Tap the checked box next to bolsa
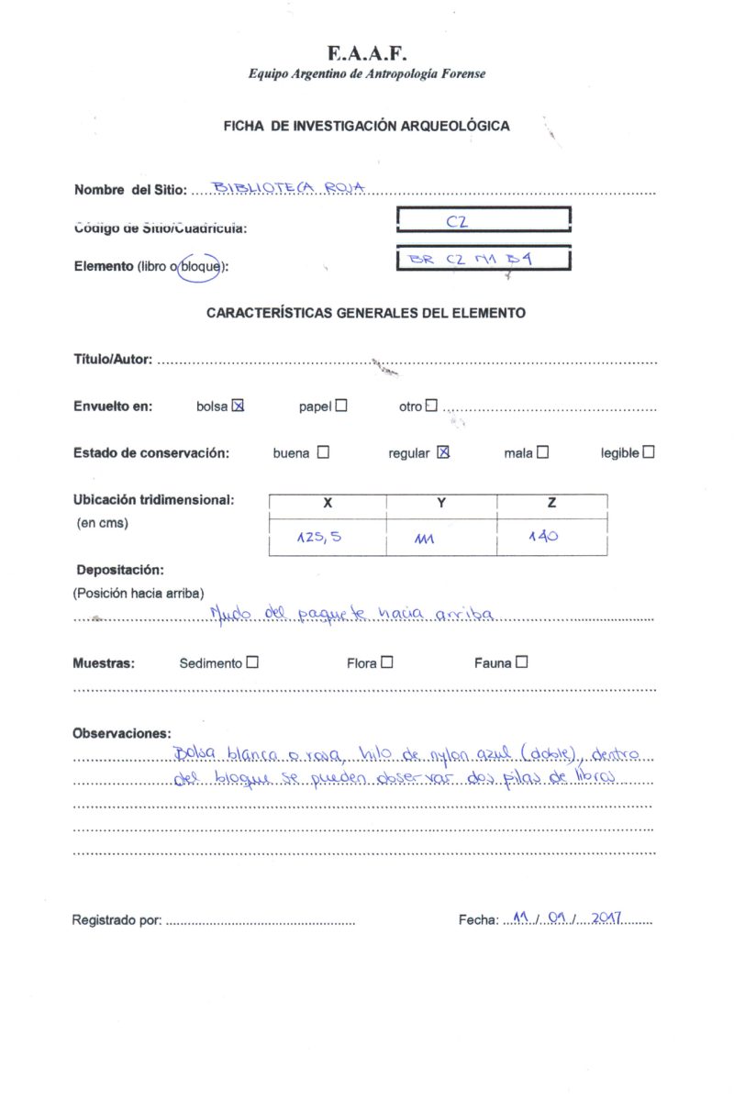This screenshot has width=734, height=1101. click(x=239, y=406)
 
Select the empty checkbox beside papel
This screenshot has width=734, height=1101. click(x=341, y=406)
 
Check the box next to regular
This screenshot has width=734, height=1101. click(x=443, y=452)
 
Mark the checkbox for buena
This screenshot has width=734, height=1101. click(x=323, y=452)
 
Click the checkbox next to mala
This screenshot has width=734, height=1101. click(x=543, y=452)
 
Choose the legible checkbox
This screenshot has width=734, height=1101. click(x=649, y=452)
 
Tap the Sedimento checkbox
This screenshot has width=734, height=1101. click(x=252, y=662)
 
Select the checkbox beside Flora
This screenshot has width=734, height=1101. click(x=387, y=662)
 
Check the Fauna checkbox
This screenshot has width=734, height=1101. click(x=521, y=662)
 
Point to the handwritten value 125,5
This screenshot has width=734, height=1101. click(x=318, y=539)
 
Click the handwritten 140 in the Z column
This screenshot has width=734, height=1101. click(x=542, y=538)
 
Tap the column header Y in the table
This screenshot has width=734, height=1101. click(x=441, y=504)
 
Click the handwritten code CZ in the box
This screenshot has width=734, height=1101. click(x=458, y=220)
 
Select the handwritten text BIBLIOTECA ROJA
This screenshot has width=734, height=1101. click(x=289, y=188)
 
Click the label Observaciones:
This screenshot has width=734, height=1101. click(x=121, y=733)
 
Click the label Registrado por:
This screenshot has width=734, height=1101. click(x=117, y=920)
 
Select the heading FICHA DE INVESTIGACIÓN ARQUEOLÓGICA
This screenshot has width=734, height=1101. click(x=366, y=127)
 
